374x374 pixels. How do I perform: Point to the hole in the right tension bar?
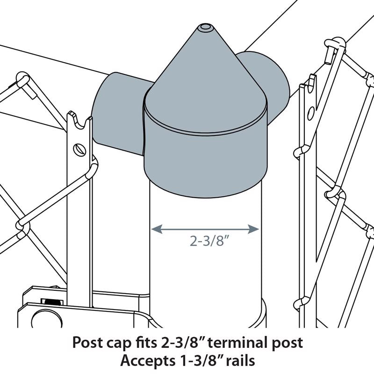coord(311,112)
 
